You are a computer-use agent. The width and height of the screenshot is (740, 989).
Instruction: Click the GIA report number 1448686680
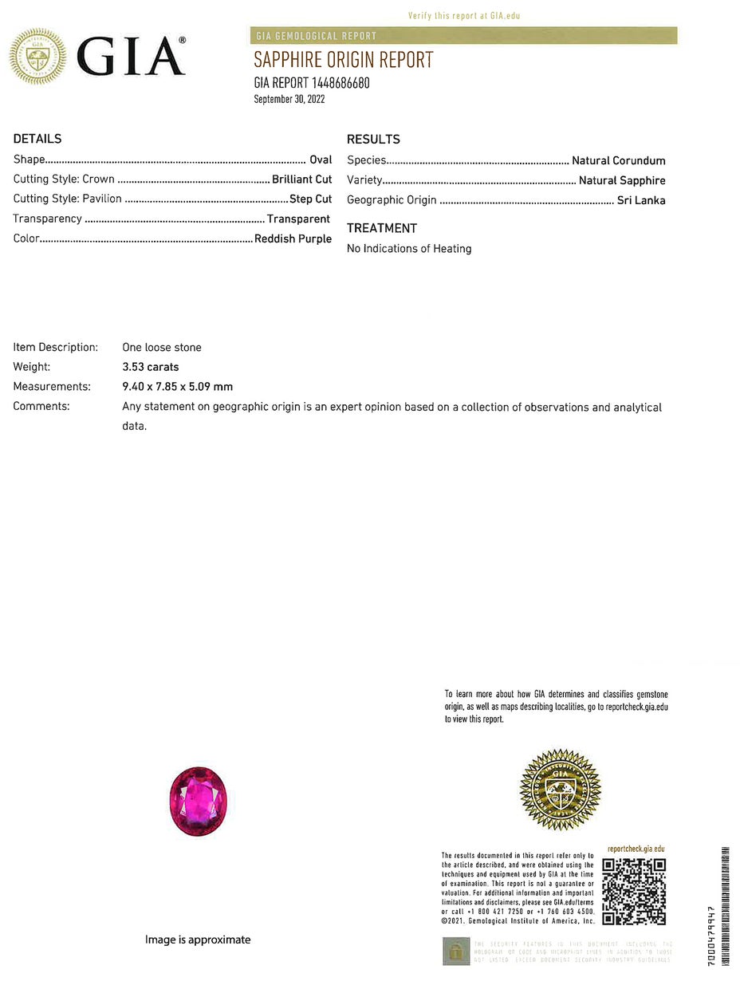(x=312, y=83)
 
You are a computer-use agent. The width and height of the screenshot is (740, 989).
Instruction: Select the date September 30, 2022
(x=289, y=100)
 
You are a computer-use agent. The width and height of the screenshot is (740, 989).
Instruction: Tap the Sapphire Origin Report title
(x=344, y=60)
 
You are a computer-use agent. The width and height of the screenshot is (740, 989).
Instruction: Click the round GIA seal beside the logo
(x=37, y=56)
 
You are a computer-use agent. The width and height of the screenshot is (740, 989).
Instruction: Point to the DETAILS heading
(x=37, y=139)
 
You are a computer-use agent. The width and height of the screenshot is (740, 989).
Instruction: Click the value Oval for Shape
(x=321, y=160)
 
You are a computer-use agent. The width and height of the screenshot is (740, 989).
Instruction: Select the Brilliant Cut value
(x=301, y=179)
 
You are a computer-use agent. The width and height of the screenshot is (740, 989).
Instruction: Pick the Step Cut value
(x=310, y=199)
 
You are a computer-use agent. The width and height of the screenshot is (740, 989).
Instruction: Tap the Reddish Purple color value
(x=293, y=238)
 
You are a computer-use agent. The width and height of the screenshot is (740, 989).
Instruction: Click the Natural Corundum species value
(x=619, y=160)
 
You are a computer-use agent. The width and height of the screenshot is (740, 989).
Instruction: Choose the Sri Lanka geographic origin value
(x=641, y=200)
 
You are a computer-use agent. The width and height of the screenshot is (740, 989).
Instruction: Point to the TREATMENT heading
(x=382, y=228)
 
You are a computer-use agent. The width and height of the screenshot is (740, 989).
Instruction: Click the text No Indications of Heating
(x=409, y=249)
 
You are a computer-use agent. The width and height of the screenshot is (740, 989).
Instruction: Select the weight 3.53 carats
(x=151, y=367)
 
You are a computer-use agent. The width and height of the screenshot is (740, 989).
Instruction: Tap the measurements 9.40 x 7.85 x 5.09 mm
(x=177, y=387)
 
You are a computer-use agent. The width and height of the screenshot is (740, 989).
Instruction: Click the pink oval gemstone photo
(x=198, y=801)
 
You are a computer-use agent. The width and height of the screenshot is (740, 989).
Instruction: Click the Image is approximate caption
(x=198, y=940)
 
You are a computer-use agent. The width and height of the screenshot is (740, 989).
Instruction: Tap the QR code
(x=634, y=891)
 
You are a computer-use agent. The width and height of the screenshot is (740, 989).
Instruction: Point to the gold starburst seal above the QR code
(x=560, y=790)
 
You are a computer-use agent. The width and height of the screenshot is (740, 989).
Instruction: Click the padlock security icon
(x=456, y=951)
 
